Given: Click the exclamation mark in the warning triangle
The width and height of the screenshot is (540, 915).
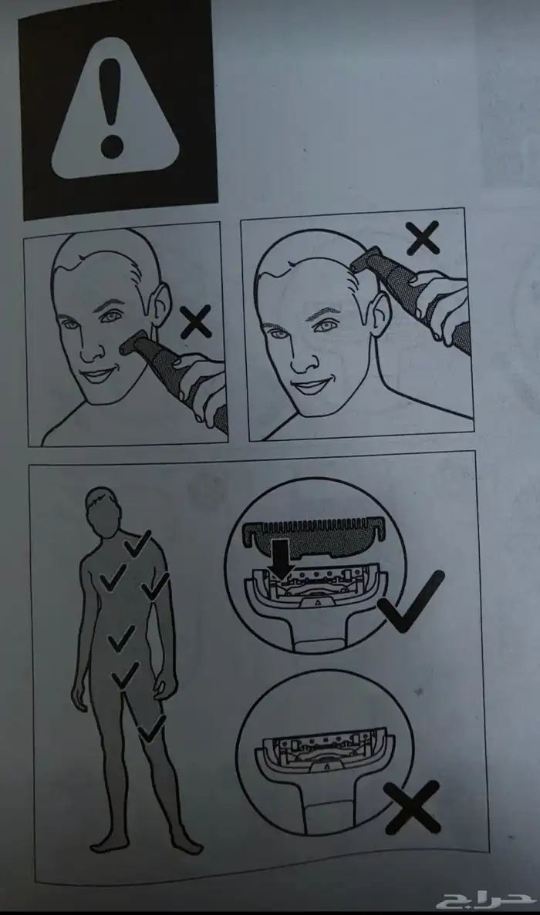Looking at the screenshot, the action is [111, 109].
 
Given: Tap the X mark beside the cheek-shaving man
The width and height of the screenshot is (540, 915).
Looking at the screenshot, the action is [196, 324].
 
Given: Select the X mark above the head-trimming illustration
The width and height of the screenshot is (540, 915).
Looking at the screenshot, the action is [424, 240].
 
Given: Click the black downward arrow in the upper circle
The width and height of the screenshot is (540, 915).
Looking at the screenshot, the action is [282, 560].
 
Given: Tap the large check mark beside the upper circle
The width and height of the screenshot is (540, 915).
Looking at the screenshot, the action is [411, 601].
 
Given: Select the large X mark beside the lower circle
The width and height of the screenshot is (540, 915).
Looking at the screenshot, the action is [412, 807].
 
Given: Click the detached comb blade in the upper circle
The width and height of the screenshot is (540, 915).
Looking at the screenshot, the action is [316, 535].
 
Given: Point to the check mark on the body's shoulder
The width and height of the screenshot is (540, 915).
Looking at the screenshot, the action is [138, 542].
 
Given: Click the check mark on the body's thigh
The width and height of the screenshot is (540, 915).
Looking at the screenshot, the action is [152, 729].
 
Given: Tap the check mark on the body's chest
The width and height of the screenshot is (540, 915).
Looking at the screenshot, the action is [113, 576].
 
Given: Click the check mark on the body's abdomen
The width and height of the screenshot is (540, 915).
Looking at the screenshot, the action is [121, 639].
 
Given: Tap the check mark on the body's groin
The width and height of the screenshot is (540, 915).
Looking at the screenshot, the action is [126, 674].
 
